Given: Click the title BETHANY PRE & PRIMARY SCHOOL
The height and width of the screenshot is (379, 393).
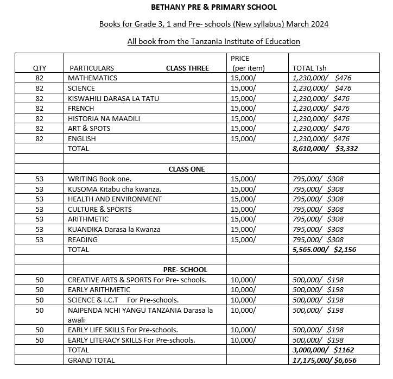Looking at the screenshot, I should coord(213,7).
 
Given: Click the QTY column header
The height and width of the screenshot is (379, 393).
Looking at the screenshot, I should coord(40,68).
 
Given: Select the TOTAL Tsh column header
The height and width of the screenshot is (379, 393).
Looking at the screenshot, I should coord(310,68).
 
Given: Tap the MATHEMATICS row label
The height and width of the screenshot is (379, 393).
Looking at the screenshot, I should coord(92,78).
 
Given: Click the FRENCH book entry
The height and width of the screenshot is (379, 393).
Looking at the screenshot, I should coord(81,108).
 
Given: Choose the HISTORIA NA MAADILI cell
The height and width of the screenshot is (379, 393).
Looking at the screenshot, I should coord(104,118).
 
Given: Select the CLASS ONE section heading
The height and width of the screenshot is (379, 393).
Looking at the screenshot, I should coord(187,169).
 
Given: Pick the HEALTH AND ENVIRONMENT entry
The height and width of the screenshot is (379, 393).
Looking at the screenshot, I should coord(115,199).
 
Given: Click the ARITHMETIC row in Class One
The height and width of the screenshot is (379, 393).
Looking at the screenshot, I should coord(88,219).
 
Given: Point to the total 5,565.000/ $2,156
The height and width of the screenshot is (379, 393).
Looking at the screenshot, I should coord(324,249).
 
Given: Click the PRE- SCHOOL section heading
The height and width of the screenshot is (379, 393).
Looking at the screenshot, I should coord(185,269).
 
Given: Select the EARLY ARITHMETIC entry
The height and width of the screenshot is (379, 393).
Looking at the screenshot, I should coord(99,289).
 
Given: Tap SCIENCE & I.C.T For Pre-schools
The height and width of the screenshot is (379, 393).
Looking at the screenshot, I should coord(123,300).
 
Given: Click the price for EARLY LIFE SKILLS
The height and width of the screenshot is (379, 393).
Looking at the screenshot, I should coord(243,330).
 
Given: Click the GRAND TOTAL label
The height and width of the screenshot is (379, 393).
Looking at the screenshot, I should coord(91,360).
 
